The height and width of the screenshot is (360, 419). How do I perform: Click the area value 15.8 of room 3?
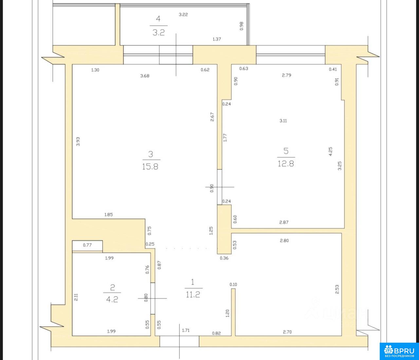[x=150, y=167]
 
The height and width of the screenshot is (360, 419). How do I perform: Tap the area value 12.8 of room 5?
[x=286, y=163]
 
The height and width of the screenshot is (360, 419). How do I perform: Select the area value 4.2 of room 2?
[x=112, y=300]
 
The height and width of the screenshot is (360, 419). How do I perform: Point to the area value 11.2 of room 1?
[x=193, y=295]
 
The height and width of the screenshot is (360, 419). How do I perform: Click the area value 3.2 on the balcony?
[x=158, y=33]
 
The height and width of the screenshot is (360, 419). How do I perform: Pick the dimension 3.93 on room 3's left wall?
[x=78, y=141]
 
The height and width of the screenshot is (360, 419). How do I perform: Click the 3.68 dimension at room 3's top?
[x=145, y=76]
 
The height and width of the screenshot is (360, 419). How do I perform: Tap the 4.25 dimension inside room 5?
[x=330, y=151]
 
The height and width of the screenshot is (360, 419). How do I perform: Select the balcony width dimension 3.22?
[x=183, y=15]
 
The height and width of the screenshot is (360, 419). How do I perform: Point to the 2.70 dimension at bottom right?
[x=287, y=332]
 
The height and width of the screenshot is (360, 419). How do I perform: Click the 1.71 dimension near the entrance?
[x=186, y=331]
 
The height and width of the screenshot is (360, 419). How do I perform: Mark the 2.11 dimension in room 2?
[x=76, y=297]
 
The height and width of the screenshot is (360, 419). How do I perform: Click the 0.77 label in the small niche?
[x=87, y=245]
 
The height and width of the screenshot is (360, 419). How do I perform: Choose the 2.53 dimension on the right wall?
[x=337, y=289]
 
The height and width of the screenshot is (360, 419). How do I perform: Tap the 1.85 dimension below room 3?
[x=108, y=214]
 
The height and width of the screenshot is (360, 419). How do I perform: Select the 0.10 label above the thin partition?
[x=233, y=284]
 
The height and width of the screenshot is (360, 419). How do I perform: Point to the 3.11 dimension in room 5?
[x=283, y=121]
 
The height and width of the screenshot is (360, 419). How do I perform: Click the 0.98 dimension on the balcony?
[x=242, y=26]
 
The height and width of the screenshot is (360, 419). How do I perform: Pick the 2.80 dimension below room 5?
[x=284, y=241]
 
